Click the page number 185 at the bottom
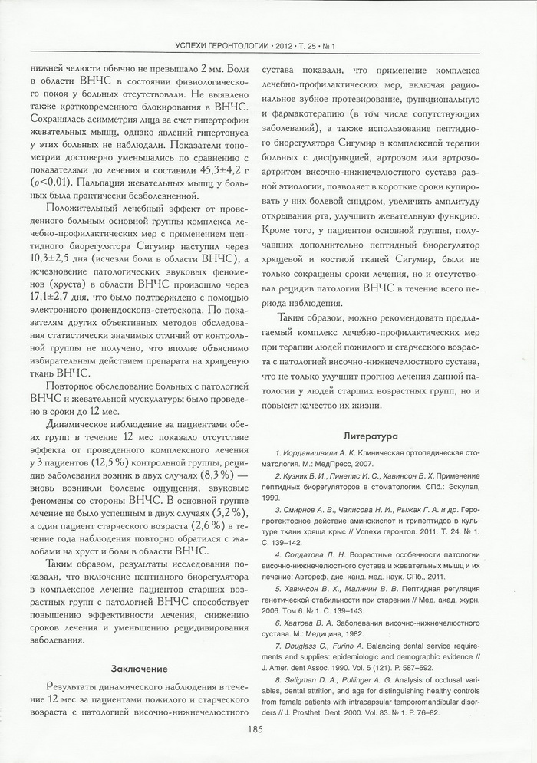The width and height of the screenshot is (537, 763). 268,730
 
